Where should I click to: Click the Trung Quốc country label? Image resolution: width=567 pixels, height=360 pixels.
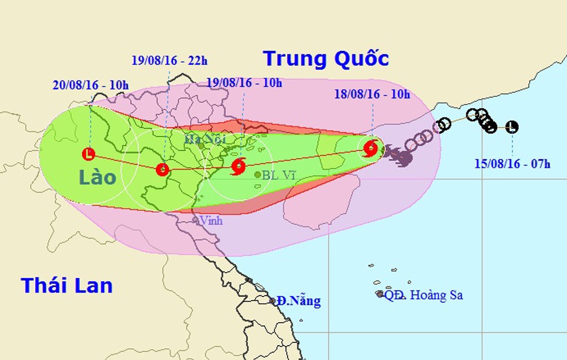click(x=325, y=58)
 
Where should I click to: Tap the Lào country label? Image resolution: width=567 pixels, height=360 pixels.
click(x=98, y=177)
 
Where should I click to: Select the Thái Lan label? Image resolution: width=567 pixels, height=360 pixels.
click(x=67, y=285)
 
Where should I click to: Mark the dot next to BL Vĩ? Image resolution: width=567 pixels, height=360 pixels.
click(x=258, y=175)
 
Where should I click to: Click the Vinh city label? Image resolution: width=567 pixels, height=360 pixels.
click(x=211, y=221)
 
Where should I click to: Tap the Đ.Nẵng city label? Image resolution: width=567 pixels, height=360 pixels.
click(x=298, y=300)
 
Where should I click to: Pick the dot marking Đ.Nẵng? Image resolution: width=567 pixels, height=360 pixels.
click(x=273, y=300)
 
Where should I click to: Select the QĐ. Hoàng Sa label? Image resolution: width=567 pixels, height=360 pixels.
click(x=423, y=295)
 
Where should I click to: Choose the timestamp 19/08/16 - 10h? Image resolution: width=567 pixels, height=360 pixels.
click(x=244, y=83)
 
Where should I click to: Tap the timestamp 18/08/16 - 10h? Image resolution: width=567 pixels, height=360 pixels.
click(x=372, y=94)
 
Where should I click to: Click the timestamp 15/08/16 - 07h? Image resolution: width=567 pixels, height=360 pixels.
click(x=513, y=164)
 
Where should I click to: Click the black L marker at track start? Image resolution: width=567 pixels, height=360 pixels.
click(x=512, y=127)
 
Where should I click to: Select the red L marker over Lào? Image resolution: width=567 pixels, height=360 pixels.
click(x=88, y=153)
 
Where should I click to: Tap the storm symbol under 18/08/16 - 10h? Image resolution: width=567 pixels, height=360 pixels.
click(x=371, y=149)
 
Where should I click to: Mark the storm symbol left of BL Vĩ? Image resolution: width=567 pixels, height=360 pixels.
click(x=239, y=166)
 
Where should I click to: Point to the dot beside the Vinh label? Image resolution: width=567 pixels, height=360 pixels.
click(x=195, y=220)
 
